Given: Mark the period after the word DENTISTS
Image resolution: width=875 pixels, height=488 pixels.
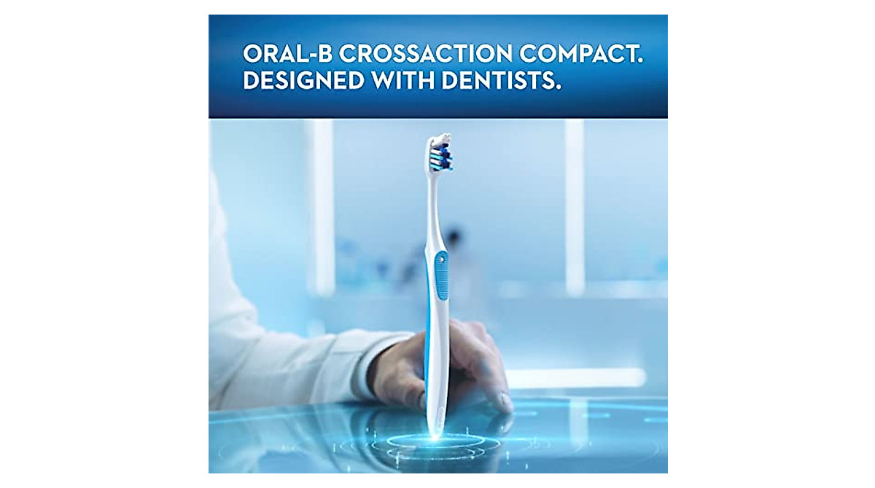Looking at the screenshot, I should tap(559, 88).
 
